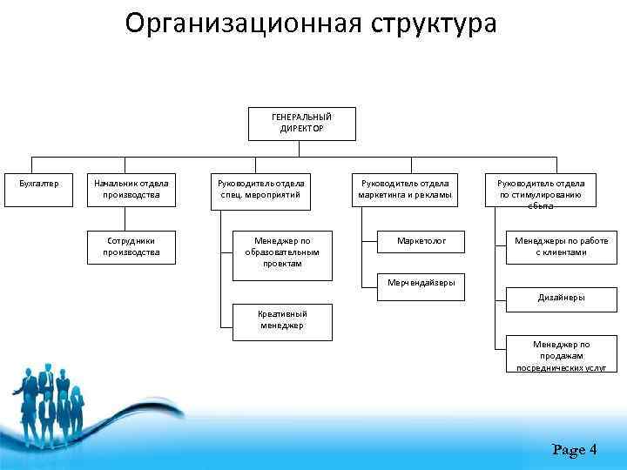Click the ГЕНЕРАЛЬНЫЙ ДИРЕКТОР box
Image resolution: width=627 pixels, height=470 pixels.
pos(301,122)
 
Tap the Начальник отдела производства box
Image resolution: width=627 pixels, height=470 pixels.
pos(131,189)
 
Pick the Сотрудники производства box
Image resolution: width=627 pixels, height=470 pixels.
pos(131,246)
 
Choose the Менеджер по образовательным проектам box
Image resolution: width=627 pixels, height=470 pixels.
pos(282,255)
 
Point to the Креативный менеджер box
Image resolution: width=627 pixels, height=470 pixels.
pos(282,320)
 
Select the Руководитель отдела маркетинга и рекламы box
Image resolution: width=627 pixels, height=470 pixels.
pos(405,189)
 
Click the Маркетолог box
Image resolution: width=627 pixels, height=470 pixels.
pos(421,240)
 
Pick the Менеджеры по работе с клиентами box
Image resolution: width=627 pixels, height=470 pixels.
pos(561,246)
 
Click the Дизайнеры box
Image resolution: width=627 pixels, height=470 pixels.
pos(561,297)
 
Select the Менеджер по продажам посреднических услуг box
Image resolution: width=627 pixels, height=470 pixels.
pos(561,355)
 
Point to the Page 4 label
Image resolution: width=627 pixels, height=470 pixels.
pos(574,450)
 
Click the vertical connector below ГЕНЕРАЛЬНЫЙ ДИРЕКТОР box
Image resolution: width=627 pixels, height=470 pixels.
pos(301,149)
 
